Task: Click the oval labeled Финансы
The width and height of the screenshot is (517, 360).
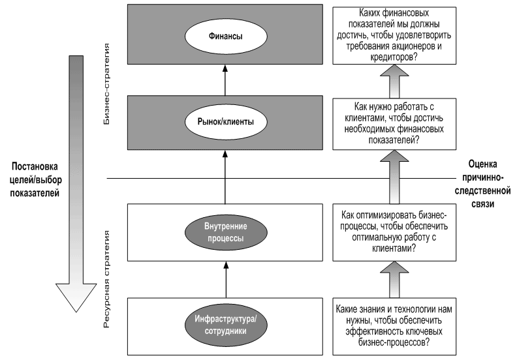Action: coord(226,37)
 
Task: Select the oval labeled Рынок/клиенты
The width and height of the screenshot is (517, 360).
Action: coord(226,122)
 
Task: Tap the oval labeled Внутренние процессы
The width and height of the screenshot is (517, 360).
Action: coord(226,232)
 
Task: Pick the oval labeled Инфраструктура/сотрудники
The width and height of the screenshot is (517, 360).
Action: coord(226,325)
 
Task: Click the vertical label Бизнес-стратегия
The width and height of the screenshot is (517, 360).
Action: coord(106,83)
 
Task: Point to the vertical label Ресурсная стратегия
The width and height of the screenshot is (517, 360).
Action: coord(106,279)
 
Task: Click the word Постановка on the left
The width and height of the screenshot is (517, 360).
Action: coord(35,166)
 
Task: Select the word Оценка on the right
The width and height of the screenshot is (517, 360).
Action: coord(482,164)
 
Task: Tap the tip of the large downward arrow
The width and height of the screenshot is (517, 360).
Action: coord(76,312)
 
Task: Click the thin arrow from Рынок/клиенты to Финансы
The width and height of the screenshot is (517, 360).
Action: coord(225,80)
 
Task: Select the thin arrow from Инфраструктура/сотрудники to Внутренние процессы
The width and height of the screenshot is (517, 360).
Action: coord(226,280)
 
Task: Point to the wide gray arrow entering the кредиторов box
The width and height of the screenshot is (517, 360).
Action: coord(394,82)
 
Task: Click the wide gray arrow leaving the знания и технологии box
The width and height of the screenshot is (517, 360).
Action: coord(394,280)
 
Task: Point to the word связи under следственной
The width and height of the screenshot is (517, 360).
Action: coord(482,204)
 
